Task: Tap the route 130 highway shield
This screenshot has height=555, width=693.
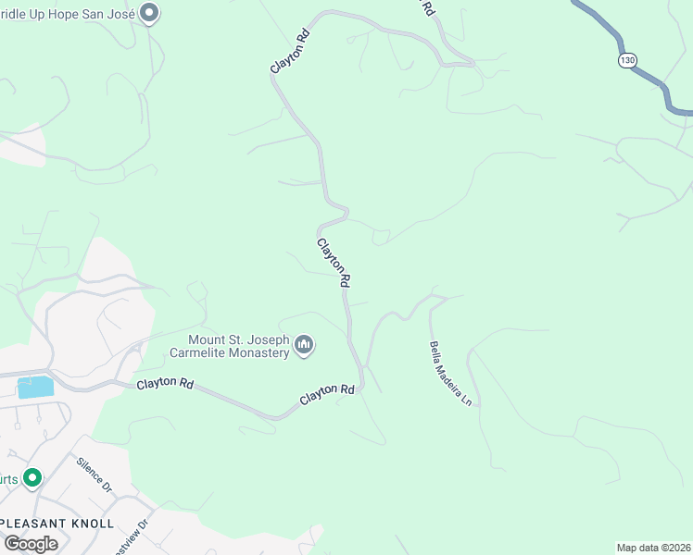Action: click(x=628, y=60)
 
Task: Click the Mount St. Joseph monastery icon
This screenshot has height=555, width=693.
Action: click(x=304, y=347)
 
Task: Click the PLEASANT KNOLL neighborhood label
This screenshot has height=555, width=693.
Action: click(x=57, y=524)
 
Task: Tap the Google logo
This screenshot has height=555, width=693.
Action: click(x=31, y=543)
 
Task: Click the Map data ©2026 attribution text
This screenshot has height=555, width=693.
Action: click(x=653, y=548)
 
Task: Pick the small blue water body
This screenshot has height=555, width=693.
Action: click(x=34, y=387)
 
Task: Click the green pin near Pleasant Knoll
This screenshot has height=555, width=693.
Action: click(x=32, y=478)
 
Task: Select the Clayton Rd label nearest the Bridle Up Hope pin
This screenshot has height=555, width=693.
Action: click(x=289, y=54)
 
